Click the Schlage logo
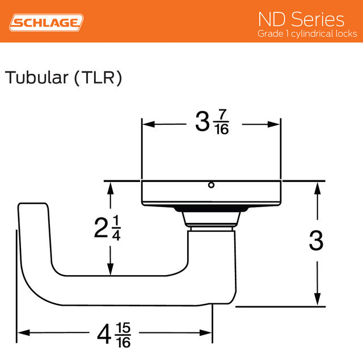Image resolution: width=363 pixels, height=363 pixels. click(x=47, y=23)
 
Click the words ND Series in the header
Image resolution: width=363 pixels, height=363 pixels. click(x=301, y=19)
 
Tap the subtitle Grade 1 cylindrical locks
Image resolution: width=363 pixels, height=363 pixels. click(x=306, y=34)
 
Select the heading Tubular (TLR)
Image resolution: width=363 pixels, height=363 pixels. click(x=64, y=78)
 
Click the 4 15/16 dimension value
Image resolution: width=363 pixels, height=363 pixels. click(x=114, y=335)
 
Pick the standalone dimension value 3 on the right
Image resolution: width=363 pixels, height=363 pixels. click(x=316, y=242)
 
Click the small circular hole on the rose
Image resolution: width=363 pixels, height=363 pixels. click(x=211, y=185)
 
